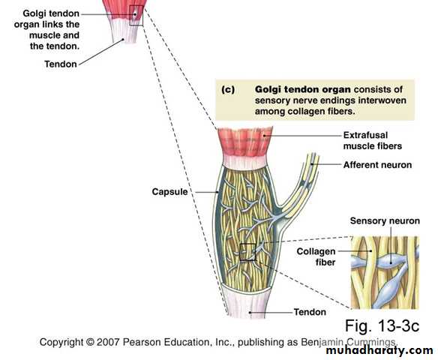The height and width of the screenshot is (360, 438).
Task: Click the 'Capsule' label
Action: [169, 192]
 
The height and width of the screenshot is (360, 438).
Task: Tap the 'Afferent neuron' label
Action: [377, 165]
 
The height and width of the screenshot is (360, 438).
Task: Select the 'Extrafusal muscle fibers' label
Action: [372, 140]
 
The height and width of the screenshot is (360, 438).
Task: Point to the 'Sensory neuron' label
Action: [385, 221]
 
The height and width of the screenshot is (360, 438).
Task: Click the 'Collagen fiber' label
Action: [316, 256]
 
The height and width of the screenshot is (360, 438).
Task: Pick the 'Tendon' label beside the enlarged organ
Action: [310, 312]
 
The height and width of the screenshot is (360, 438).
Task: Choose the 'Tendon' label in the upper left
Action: [61, 64]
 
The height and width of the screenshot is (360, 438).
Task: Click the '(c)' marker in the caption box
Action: [228, 89]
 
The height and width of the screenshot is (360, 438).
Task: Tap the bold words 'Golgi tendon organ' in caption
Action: [303, 89]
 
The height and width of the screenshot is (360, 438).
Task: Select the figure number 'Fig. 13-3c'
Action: [382, 325]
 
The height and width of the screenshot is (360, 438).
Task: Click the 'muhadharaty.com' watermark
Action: [379, 350]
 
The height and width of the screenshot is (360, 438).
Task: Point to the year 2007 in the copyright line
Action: [108, 342]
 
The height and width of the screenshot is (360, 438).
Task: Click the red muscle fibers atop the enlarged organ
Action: [245, 141]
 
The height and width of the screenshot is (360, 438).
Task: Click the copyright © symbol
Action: [90, 342]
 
